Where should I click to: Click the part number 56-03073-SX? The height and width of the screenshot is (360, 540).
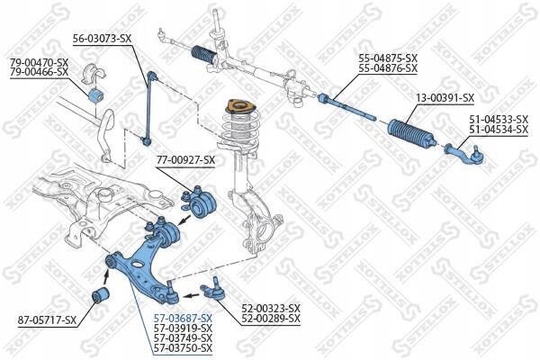click(x=102, y=39)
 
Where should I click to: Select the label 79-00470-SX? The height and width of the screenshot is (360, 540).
click(x=39, y=63)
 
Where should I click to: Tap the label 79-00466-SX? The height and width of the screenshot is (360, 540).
click(x=39, y=72)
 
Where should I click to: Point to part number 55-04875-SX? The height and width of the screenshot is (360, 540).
click(x=388, y=58)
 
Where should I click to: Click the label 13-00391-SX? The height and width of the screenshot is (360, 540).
click(x=445, y=98)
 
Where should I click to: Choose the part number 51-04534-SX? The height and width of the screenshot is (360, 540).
click(x=499, y=130)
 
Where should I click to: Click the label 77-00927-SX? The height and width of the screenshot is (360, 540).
click(x=185, y=160)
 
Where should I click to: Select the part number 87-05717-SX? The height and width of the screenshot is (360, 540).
click(x=47, y=320)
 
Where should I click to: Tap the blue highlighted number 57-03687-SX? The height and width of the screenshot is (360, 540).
click(x=183, y=318)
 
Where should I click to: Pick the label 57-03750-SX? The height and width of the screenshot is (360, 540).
click(x=183, y=347)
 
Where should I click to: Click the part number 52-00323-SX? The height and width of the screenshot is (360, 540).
click(x=271, y=308)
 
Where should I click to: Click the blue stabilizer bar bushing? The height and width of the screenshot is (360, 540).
click(x=96, y=95)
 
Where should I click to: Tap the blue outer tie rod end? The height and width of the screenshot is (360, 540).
click(x=465, y=154)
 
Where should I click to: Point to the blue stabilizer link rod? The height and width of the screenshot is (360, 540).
click(x=149, y=107)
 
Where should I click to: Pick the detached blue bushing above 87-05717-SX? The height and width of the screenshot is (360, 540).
click(x=101, y=295)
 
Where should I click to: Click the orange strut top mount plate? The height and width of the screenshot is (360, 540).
click(x=240, y=106)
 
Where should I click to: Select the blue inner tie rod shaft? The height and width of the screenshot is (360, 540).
click(x=346, y=107)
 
